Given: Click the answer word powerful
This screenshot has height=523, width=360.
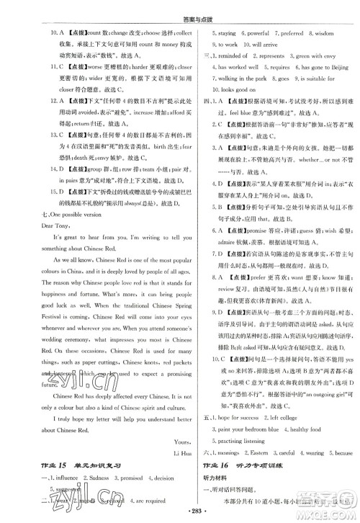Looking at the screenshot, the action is pos(256,33).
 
